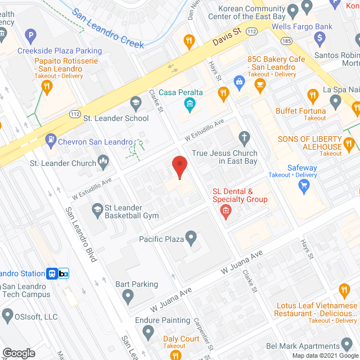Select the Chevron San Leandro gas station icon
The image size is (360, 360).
51,138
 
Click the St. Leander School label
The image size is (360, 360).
116,118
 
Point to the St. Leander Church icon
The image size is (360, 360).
103,163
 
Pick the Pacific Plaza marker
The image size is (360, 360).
191,239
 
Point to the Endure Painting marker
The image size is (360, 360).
148,332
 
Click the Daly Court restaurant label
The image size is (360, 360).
181,339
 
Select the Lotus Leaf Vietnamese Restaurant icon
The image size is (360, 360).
344,291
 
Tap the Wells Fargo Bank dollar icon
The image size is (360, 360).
319,39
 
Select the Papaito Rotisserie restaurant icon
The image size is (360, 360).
47,85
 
